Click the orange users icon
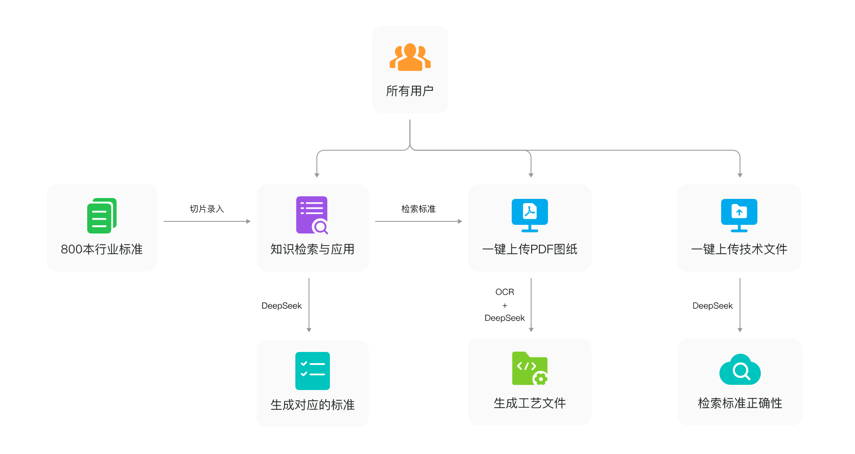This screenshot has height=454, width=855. pyautogui.click(x=410, y=57)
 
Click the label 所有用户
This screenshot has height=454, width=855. pyautogui.click(x=410, y=91)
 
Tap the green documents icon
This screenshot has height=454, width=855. pyautogui.click(x=102, y=215)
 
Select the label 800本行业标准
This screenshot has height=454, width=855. pyautogui.click(x=102, y=249)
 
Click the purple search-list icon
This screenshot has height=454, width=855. pyautogui.click(x=312, y=215)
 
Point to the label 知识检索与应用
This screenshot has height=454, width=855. pyautogui.click(x=312, y=249)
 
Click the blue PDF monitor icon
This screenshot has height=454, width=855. pyautogui.click(x=529, y=215)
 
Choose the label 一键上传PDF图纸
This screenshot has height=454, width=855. pyautogui.click(x=529, y=249)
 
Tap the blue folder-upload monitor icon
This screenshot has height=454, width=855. pyautogui.click(x=739, y=215)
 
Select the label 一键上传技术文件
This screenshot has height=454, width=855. pyautogui.click(x=739, y=249)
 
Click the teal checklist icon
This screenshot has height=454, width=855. pyautogui.click(x=312, y=371)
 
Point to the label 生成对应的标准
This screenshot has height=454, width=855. pyautogui.click(x=312, y=405)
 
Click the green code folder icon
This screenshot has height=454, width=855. pyautogui.click(x=529, y=368)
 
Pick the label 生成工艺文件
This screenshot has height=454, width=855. pyautogui.click(x=529, y=403)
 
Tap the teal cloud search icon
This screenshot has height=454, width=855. pyautogui.click(x=740, y=370)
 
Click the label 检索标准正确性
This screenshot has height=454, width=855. pyautogui.click(x=740, y=403)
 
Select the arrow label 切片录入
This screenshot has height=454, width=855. pyautogui.click(x=207, y=209)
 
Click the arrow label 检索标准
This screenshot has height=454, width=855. pyautogui.click(x=418, y=209)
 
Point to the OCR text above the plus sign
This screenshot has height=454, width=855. pyautogui.click(x=504, y=292)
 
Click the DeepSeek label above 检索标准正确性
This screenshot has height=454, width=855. pyautogui.click(x=712, y=306)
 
